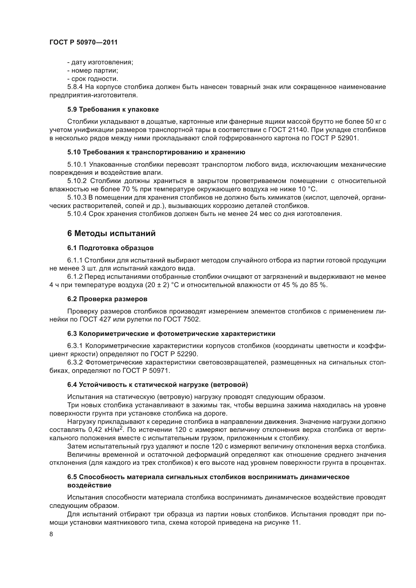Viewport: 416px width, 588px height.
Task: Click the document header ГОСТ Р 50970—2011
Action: [84, 42]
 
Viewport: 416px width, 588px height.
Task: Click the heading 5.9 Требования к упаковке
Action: [113, 109]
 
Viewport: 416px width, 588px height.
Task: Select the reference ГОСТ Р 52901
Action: [335, 138]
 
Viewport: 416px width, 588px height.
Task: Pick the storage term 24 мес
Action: [258, 214]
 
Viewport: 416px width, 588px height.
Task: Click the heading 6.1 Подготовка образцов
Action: [110, 248]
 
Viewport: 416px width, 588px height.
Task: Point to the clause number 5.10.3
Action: [77, 197]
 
